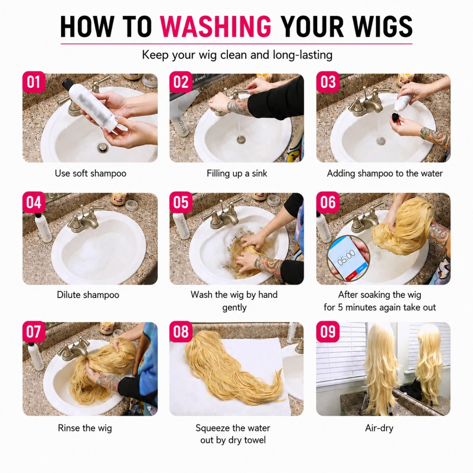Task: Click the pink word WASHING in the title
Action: [x=216, y=26]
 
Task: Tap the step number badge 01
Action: [x=34, y=82]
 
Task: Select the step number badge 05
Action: [x=181, y=202]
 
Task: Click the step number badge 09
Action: [x=328, y=331]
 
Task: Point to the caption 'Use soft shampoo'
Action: [x=90, y=173]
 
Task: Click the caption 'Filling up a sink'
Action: [x=236, y=173]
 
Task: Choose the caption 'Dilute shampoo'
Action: [x=88, y=295]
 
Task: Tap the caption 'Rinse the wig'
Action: [x=85, y=428]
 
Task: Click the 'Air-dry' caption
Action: [x=379, y=428]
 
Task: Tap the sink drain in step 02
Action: [x=241, y=140]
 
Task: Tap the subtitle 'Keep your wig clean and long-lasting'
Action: [x=237, y=55]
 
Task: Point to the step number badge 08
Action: [x=181, y=331]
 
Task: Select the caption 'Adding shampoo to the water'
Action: [x=385, y=173]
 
